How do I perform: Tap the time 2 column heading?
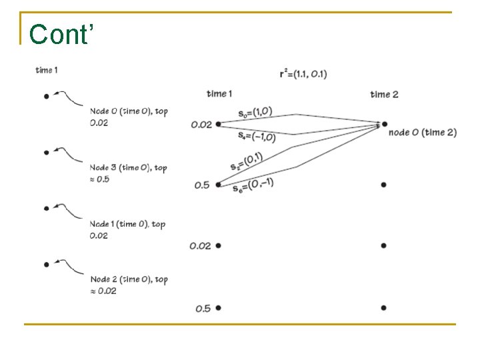[x=384, y=94]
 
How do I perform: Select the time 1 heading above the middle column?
[x=219, y=93]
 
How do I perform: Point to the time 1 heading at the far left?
[x=47, y=71]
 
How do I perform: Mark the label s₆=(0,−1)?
[x=253, y=185]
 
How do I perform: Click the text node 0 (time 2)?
[x=422, y=133]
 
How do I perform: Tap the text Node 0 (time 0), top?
[x=129, y=111]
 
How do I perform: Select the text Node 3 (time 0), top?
[x=129, y=168]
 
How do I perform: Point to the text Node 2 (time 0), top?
[x=129, y=279]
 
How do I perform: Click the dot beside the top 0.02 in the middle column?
[x=218, y=123]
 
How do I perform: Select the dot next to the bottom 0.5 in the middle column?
[x=218, y=308]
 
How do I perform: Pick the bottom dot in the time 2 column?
[x=384, y=308]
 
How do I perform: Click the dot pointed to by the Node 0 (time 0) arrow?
[x=46, y=97]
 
